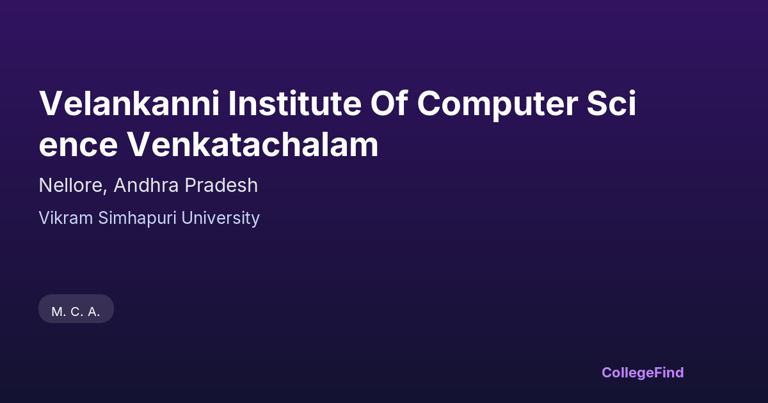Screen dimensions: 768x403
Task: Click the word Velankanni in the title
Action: [129, 103]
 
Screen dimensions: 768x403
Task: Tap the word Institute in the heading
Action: [294, 103]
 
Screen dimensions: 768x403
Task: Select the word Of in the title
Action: [389, 103]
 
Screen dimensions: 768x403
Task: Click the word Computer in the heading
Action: [497, 105]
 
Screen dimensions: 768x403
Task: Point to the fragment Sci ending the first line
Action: [612, 103]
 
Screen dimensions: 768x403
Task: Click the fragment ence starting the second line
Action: [79, 146]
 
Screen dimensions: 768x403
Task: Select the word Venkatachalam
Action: [253, 145]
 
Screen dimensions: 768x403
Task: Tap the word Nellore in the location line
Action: [70, 186]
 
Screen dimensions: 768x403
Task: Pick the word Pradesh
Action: [221, 185]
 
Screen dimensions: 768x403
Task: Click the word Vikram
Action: [66, 218]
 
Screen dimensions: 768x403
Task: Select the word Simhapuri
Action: [137, 219]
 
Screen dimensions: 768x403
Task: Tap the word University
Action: [220, 219]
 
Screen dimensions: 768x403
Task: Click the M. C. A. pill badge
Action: [76, 309]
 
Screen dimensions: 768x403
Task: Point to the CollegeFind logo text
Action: [643, 373]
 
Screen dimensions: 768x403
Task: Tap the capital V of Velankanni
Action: [51, 103]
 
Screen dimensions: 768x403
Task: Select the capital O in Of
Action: [383, 103]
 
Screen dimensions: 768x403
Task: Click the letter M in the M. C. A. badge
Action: [57, 312]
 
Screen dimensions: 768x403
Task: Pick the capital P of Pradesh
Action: [191, 185]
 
